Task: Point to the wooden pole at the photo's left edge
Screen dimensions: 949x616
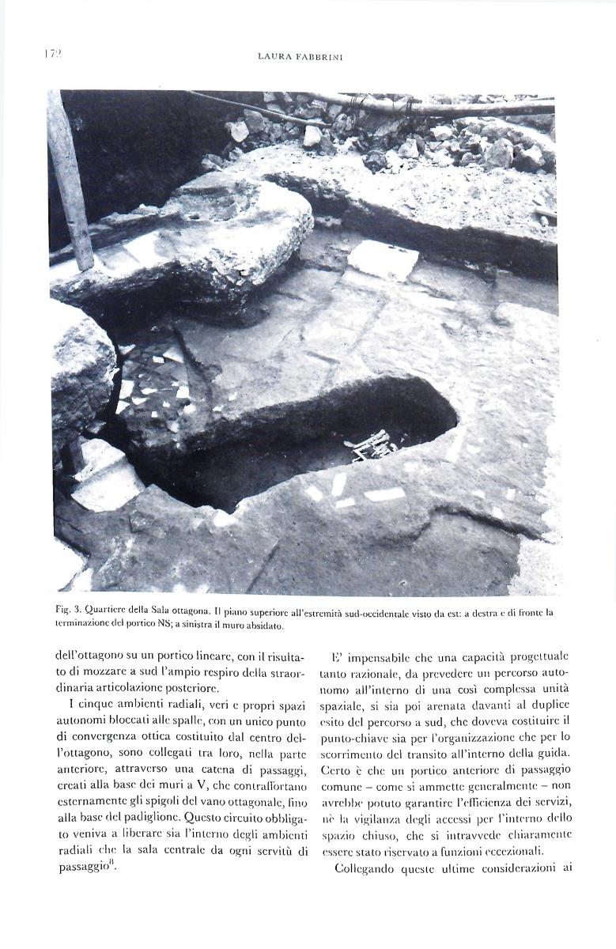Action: (70, 182)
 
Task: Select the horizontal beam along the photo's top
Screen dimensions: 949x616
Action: (411, 107)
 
